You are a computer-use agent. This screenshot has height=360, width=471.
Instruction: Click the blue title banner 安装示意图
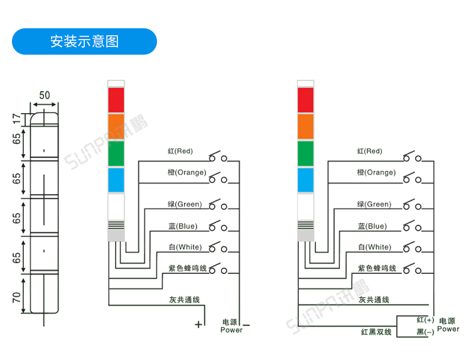tap(85, 41)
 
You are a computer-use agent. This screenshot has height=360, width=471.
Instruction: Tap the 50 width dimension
tap(45, 95)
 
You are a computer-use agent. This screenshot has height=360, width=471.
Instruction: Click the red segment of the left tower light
tap(117, 99)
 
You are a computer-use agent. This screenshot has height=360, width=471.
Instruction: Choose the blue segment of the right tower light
tap(305, 180)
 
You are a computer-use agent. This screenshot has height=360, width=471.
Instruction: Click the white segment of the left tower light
tap(117, 207)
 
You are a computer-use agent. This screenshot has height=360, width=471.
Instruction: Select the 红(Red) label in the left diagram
tap(180, 151)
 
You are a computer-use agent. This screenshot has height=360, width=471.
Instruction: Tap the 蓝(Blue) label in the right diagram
tap(372, 226)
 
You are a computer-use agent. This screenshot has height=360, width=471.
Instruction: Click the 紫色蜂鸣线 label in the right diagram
tap(377, 268)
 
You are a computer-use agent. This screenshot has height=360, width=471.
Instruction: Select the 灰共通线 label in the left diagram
tap(185, 300)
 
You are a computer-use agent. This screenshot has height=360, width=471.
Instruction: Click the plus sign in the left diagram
tap(198, 325)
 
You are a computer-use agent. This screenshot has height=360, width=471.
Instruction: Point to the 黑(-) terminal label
tap(425, 332)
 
